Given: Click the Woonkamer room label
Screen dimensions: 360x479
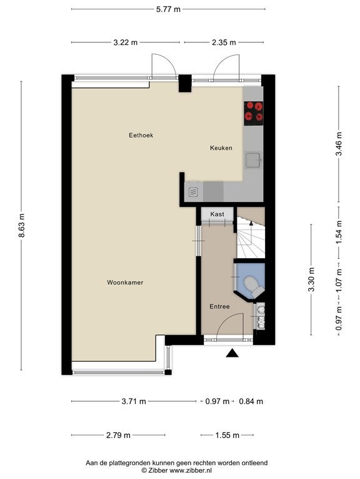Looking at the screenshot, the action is click(125, 283).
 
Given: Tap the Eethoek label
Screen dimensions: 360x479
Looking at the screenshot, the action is click(141, 135).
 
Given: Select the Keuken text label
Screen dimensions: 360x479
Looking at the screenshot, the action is click(221, 148).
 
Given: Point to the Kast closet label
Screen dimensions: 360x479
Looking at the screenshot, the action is click(217, 214).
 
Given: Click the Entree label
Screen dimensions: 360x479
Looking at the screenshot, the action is click(219, 306).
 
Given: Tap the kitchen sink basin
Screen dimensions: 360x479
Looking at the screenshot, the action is click(252, 160).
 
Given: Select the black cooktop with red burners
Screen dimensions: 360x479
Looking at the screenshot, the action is click(254, 113).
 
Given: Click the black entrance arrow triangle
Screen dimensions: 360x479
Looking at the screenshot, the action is click(232, 353).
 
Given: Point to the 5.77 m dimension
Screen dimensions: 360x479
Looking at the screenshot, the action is click(168, 9).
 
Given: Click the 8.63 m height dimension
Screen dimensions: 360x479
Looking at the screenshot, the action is click(21, 226).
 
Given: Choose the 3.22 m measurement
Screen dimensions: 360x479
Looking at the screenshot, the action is click(126, 42).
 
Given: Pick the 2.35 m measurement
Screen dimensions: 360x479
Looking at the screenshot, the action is click(224, 42).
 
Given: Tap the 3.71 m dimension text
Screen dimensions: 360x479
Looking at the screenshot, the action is click(134, 402).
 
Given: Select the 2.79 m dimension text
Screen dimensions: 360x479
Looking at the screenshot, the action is click(118, 435).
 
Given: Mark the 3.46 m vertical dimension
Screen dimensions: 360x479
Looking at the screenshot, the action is click(339, 144).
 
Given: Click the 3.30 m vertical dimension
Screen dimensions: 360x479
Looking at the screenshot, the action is click(311, 279).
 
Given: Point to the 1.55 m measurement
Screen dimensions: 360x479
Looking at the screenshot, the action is click(227, 435).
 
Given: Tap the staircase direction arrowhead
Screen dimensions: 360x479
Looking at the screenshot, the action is click(251, 223).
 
